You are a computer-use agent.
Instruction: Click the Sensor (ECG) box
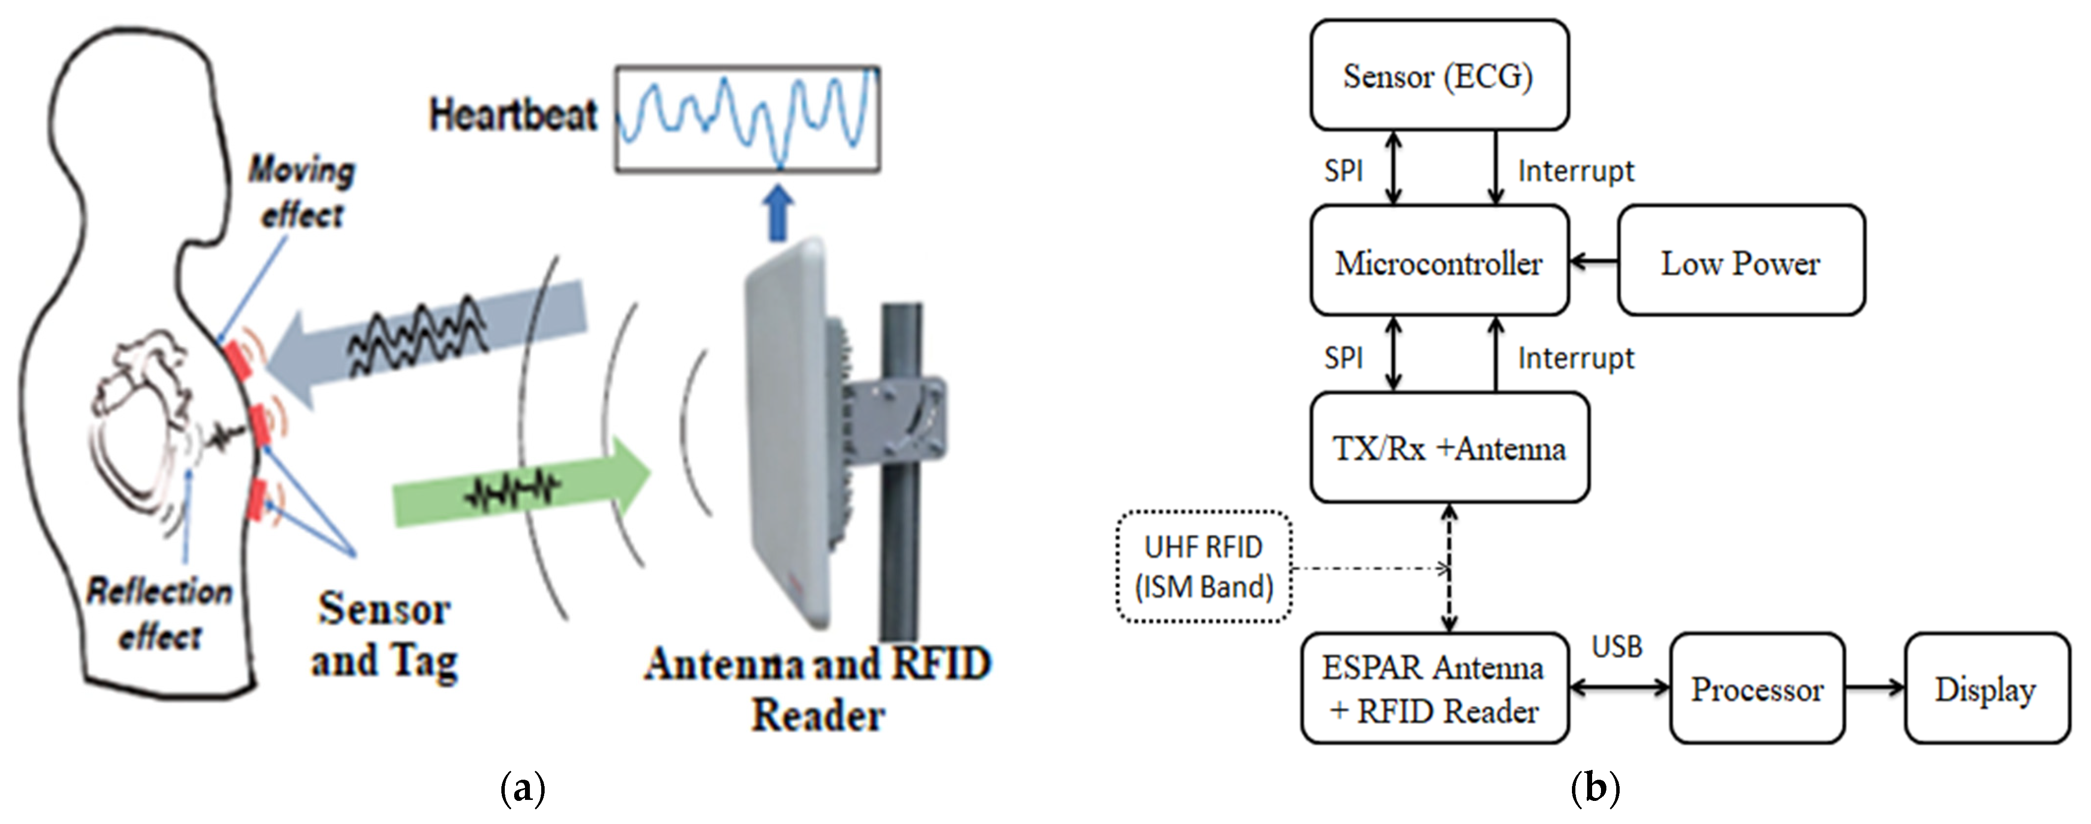[x=1439, y=75]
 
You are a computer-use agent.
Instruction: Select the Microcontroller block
[x=1439, y=261]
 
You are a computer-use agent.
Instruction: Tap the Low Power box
[x=1740, y=261]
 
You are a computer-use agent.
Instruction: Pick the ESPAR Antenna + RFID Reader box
[x=1434, y=688]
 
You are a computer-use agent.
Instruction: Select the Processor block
[x=1756, y=688]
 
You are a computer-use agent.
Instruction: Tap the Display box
[x=1986, y=688]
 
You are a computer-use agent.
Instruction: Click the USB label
[x=1616, y=647]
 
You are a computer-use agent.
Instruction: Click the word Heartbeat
[x=513, y=115]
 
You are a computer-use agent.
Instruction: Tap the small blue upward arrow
[x=778, y=213]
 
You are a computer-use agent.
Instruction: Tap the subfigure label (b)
[x=1595, y=788]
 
